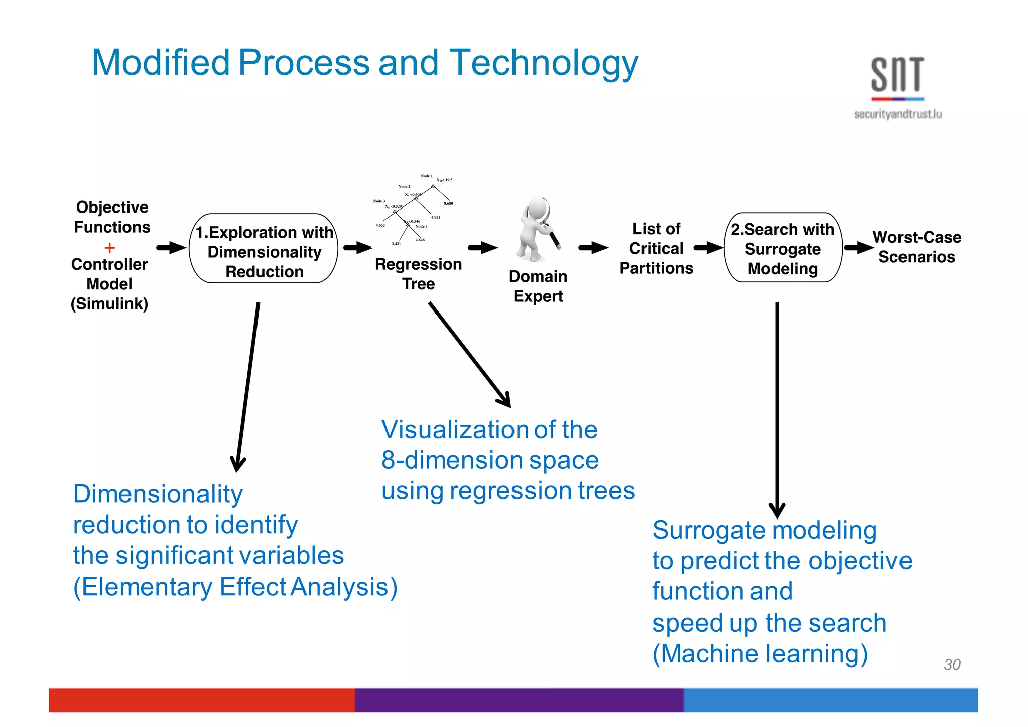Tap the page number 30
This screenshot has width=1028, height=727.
click(x=952, y=664)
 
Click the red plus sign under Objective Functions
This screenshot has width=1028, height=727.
click(x=109, y=248)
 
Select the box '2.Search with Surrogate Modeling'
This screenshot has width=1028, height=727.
click(x=783, y=248)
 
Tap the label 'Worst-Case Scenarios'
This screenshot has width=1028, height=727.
click(x=917, y=247)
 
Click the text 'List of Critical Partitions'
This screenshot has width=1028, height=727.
click(x=656, y=248)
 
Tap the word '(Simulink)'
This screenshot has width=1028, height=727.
click(x=109, y=304)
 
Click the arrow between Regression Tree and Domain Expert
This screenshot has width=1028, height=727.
click(x=482, y=247)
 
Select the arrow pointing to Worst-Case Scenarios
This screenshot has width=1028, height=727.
click(x=859, y=247)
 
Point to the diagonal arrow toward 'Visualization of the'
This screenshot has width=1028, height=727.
click(x=469, y=354)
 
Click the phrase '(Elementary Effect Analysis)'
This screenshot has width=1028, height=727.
click(x=235, y=587)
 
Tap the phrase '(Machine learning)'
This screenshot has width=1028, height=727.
click(x=760, y=654)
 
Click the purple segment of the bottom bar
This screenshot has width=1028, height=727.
click(x=519, y=700)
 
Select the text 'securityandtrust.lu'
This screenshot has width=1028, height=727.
click(x=897, y=114)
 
